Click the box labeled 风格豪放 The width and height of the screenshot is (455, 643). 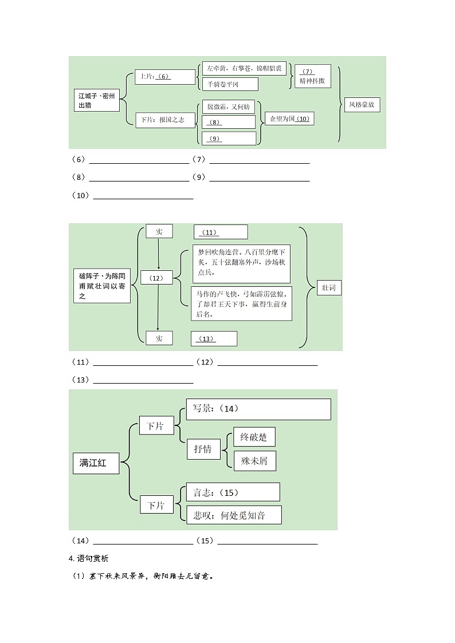pyautogui.click(x=364, y=105)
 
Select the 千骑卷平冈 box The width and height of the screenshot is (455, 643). pyautogui.click(x=230, y=84)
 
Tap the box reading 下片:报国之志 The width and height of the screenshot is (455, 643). pyautogui.click(x=165, y=120)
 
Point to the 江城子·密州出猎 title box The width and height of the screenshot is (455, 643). pyautogui.click(x=97, y=101)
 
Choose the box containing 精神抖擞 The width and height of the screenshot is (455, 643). pyautogui.click(x=312, y=76)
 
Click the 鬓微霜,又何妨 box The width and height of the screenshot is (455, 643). pyautogui.click(x=228, y=107)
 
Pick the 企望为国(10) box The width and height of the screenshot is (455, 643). pyautogui.click(x=288, y=119)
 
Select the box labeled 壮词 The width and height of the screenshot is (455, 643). pyautogui.click(x=329, y=287)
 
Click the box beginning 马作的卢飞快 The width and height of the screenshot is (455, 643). pyautogui.click(x=242, y=303)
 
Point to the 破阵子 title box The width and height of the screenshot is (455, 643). pyautogui.click(x=102, y=286)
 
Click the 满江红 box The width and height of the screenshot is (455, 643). pyautogui.click(x=97, y=463)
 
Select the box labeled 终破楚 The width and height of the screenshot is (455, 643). pyautogui.click(x=254, y=437)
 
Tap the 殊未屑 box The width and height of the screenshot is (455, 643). pyautogui.click(x=254, y=460)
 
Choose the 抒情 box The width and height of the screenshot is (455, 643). pyautogui.click(x=203, y=449)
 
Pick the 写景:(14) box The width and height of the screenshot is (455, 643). pyautogui.click(x=258, y=409)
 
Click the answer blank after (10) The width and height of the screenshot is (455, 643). pyautogui.click(x=143, y=196)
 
